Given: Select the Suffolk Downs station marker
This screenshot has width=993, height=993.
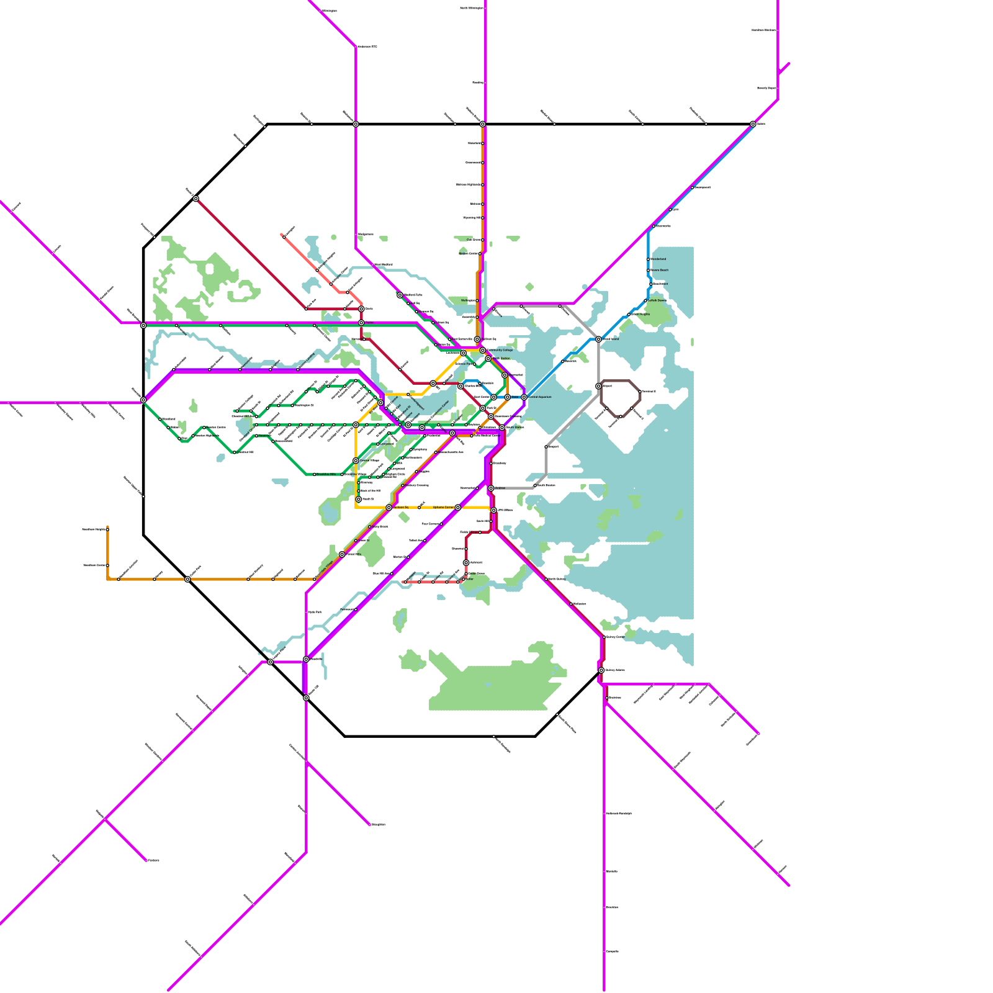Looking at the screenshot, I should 645,300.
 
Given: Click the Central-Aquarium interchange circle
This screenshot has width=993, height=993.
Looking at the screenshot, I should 524,397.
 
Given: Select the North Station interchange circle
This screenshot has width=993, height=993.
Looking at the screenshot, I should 488,359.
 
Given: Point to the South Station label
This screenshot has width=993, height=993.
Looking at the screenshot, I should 515,427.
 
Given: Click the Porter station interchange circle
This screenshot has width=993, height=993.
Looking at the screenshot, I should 361,323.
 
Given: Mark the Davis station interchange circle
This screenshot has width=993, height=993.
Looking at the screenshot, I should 361,308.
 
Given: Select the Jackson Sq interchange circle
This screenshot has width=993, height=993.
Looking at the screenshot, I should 389,508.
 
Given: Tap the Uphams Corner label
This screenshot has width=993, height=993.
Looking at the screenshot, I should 443,507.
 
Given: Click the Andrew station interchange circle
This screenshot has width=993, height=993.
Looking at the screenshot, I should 491,488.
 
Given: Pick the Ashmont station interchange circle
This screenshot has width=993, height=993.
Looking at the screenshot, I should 466,563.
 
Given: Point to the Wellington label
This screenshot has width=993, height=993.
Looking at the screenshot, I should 469,300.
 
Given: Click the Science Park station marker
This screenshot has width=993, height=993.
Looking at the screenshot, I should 475,364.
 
